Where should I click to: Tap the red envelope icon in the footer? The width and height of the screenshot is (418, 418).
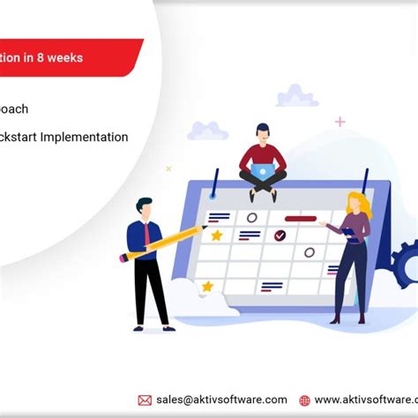tap(145, 400)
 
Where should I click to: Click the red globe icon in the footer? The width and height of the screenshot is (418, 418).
tap(304, 400)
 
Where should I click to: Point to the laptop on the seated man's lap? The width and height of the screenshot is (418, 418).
tap(262, 172)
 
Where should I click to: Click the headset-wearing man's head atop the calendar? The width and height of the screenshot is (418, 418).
tap(262, 132)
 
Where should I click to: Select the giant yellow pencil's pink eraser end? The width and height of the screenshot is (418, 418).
tap(123, 258)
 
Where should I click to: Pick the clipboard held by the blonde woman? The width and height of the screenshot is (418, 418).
tap(349, 234)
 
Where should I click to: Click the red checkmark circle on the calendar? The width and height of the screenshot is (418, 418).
tap(280, 235)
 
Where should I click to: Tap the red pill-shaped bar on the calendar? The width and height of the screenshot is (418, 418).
tap(300, 217)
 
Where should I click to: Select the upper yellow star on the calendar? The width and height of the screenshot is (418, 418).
tap(216, 235)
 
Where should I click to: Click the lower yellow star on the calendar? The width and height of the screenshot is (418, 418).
tap(208, 287)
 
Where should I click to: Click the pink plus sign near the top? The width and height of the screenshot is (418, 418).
tap(340, 121)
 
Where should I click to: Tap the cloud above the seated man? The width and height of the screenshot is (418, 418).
tap(296, 95)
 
